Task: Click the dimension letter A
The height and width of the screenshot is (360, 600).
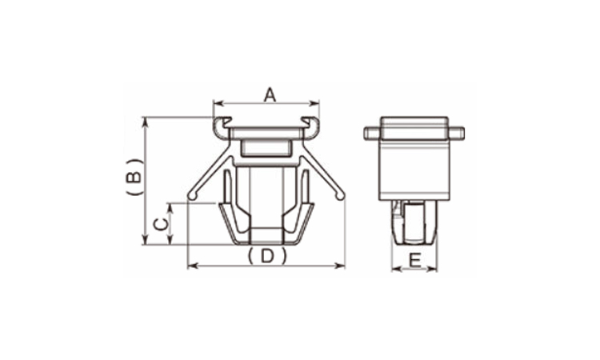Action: pos(270,95)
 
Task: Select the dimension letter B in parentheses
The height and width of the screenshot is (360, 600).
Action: pos(135,177)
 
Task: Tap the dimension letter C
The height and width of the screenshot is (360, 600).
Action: pos(161,224)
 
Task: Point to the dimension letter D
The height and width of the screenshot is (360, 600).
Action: pos(267,256)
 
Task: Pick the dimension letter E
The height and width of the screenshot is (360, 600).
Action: pos(414,261)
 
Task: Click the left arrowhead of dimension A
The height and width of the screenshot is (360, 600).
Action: pos(218,103)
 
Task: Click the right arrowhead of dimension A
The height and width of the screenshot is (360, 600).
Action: pos(314,103)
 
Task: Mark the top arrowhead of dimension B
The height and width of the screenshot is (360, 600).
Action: pos(145,122)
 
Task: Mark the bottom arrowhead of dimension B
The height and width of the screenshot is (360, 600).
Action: pos(145,239)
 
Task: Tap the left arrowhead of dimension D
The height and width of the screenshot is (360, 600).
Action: pos(193,266)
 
